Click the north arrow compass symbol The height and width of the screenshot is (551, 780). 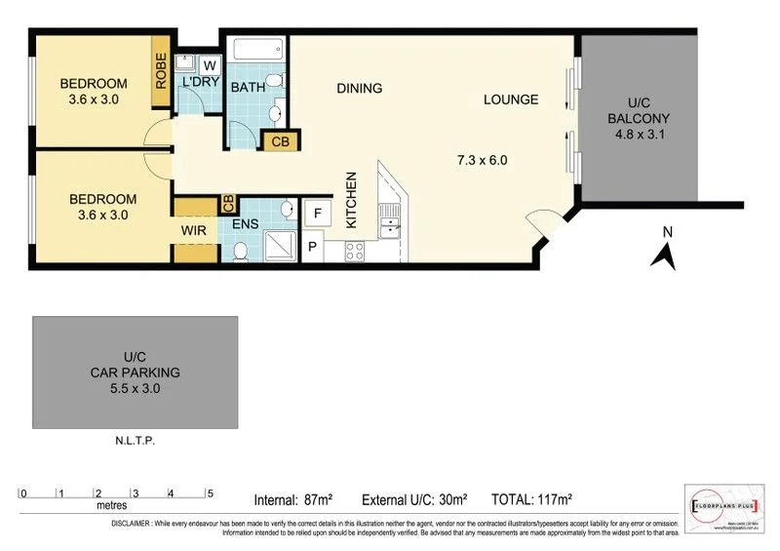tap(665, 250)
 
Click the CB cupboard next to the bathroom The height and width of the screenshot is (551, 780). tap(281, 141)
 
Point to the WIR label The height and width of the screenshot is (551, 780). tap(190, 231)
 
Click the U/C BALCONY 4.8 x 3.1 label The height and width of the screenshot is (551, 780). tap(638, 118)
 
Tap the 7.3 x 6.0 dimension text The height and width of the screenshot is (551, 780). tap(482, 160)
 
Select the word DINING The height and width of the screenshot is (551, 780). tap(359, 89)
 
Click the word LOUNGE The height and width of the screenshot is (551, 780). tap(511, 99)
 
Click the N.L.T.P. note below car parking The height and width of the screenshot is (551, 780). tap(135, 441)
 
